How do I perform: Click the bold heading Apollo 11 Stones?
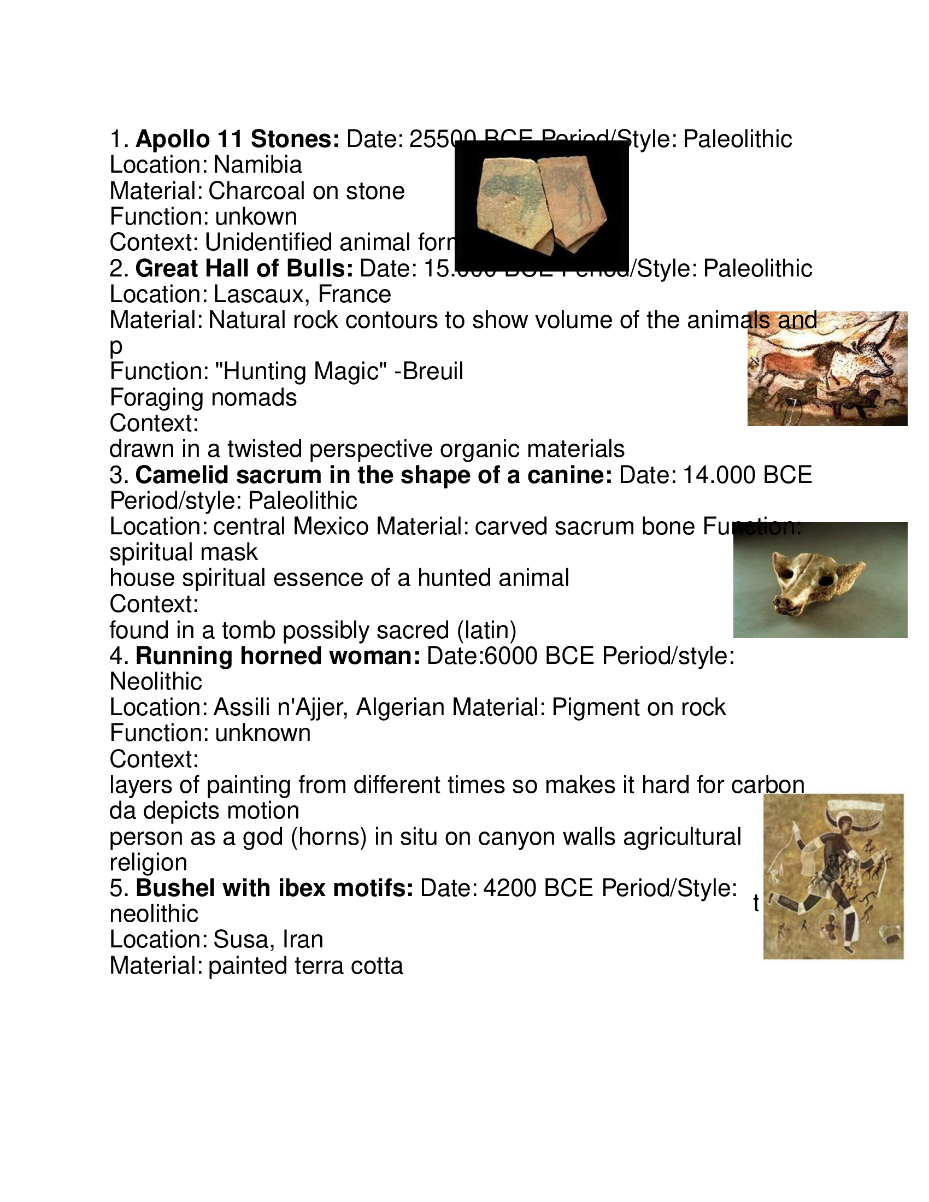click(x=238, y=139)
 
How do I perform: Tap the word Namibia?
click(x=257, y=165)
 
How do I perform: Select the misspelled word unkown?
click(x=256, y=217)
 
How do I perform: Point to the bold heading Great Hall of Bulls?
click(x=244, y=269)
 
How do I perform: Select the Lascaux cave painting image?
click(x=827, y=368)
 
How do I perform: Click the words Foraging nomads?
click(x=203, y=397)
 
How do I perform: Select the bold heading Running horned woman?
click(x=278, y=656)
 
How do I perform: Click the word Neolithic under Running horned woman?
click(x=156, y=682)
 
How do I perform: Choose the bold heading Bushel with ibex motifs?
click(x=274, y=888)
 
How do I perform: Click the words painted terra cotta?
click(x=305, y=966)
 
